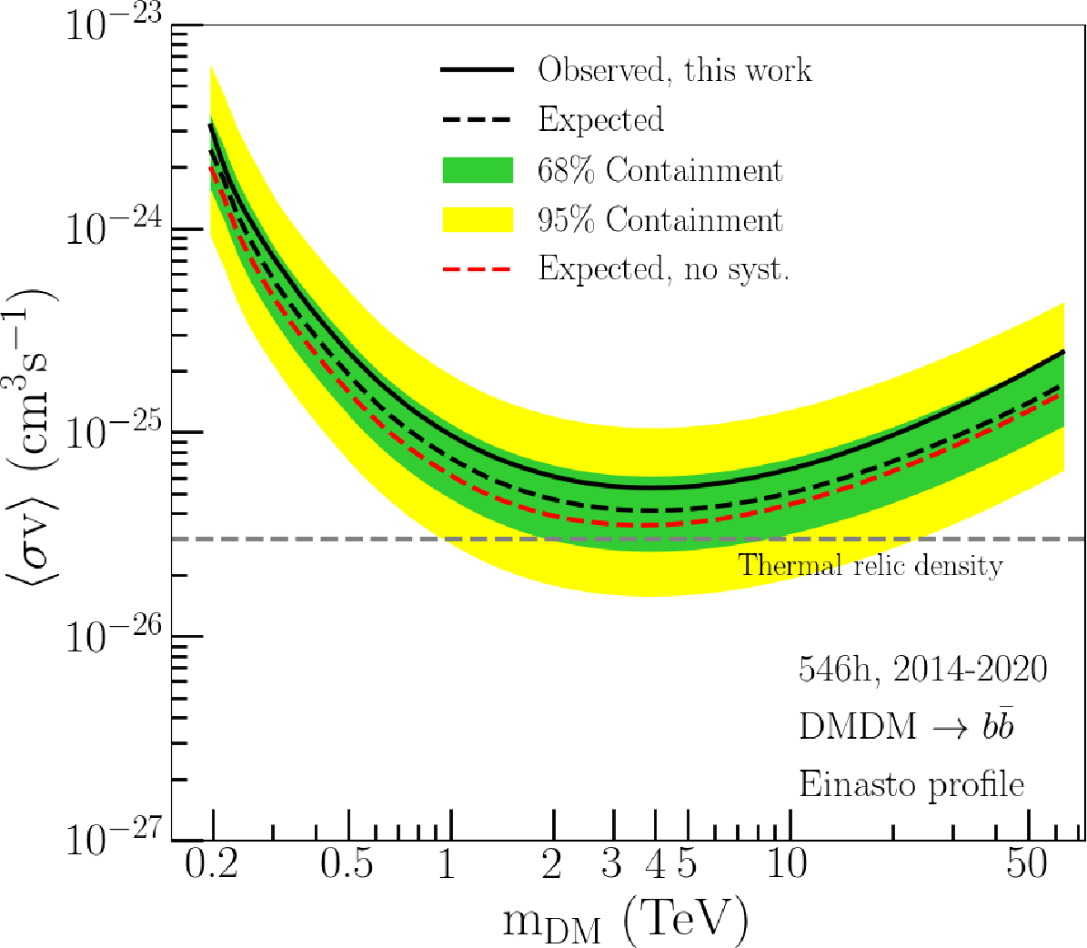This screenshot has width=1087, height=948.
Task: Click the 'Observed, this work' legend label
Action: coord(674,70)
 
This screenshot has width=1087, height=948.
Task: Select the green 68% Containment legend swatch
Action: coord(478,170)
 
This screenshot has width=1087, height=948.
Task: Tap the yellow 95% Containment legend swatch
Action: coord(478,220)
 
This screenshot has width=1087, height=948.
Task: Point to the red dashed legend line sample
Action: coord(478,269)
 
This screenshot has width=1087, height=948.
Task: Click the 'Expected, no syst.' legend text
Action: coord(663,269)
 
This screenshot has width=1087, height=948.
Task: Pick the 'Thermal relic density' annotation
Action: coord(871,566)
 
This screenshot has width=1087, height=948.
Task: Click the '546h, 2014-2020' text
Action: coord(922,670)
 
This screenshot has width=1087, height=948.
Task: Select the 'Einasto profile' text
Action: coord(911,784)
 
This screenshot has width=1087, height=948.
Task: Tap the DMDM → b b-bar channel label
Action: coord(906,726)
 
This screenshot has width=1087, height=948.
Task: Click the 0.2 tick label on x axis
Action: coord(211,862)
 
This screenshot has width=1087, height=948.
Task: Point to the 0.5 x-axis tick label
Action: coord(347,862)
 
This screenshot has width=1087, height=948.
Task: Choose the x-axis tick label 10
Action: coord(787,862)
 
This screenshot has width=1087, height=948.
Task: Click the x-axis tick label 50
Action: coord(1027,862)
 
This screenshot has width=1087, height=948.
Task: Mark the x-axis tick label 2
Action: coord(552,862)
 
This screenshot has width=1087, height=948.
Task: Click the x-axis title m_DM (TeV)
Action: coord(625,920)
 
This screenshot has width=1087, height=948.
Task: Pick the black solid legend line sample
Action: coord(478,70)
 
